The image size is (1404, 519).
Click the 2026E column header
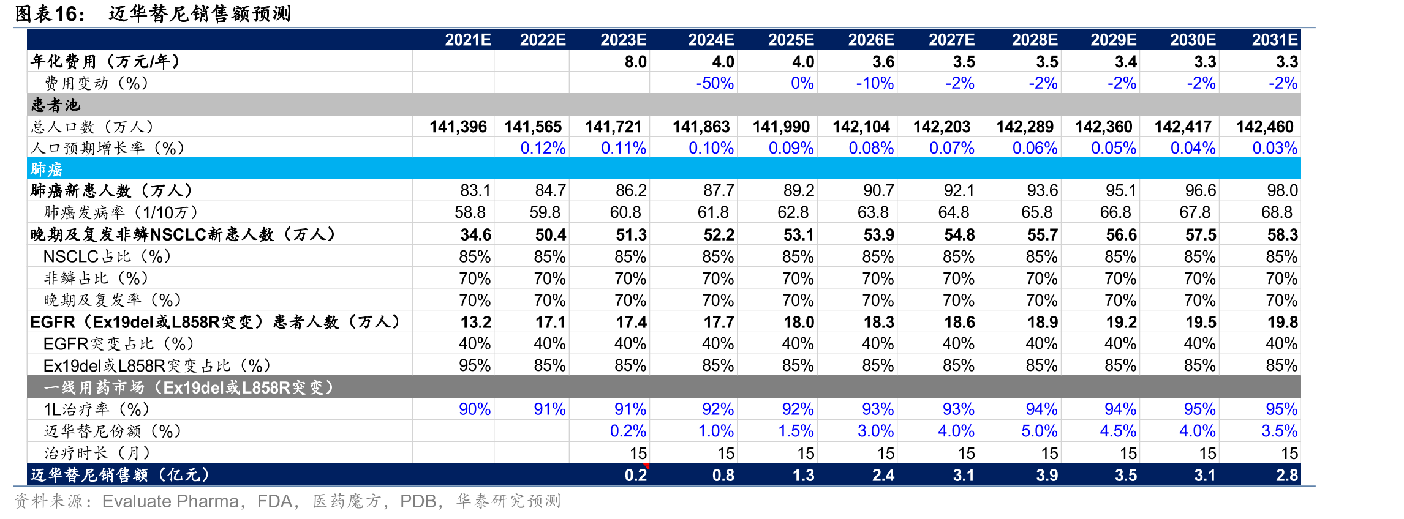click(x=870, y=40)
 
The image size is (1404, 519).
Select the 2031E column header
click(x=1274, y=40)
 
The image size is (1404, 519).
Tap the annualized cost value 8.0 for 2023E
click(x=635, y=62)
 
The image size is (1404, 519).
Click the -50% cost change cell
click(x=715, y=83)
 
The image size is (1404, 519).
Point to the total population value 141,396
click(x=458, y=127)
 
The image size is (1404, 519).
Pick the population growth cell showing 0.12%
click(x=543, y=148)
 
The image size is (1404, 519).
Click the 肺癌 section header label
click(x=47, y=169)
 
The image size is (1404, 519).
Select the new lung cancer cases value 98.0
click(x=1282, y=190)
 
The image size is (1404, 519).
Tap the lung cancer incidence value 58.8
click(x=470, y=212)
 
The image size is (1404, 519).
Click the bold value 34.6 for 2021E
click(x=475, y=234)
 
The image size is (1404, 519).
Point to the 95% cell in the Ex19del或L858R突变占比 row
click(x=475, y=365)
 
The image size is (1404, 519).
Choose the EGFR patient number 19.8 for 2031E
click(x=1282, y=322)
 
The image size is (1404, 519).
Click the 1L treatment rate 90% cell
click(x=475, y=409)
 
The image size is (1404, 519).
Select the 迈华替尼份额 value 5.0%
click(x=1039, y=431)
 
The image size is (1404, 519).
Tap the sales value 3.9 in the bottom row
click(x=1047, y=475)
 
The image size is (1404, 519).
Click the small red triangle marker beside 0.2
click(x=646, y=467)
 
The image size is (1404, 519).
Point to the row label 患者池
click(x=56, y=105)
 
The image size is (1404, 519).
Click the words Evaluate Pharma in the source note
click(x=170, y=501)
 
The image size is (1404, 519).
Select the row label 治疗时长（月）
click(x=97, y=453)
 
